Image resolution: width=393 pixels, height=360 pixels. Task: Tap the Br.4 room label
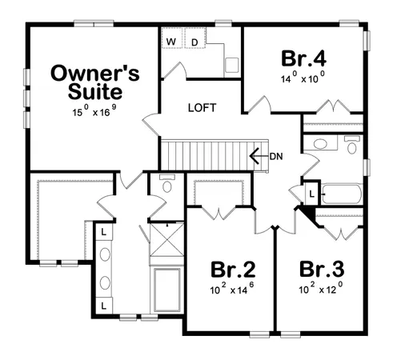pos(303,59)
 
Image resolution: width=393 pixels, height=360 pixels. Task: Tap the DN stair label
pos(276,155)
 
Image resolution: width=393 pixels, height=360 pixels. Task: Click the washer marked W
pos(171,41)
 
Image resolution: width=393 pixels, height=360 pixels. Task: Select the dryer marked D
pos(194,41)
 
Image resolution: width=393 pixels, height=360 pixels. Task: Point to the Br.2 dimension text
pos(232,289)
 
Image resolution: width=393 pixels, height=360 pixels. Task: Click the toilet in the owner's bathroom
pos(166,185)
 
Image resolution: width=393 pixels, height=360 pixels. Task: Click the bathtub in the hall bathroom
pos(343,193)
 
